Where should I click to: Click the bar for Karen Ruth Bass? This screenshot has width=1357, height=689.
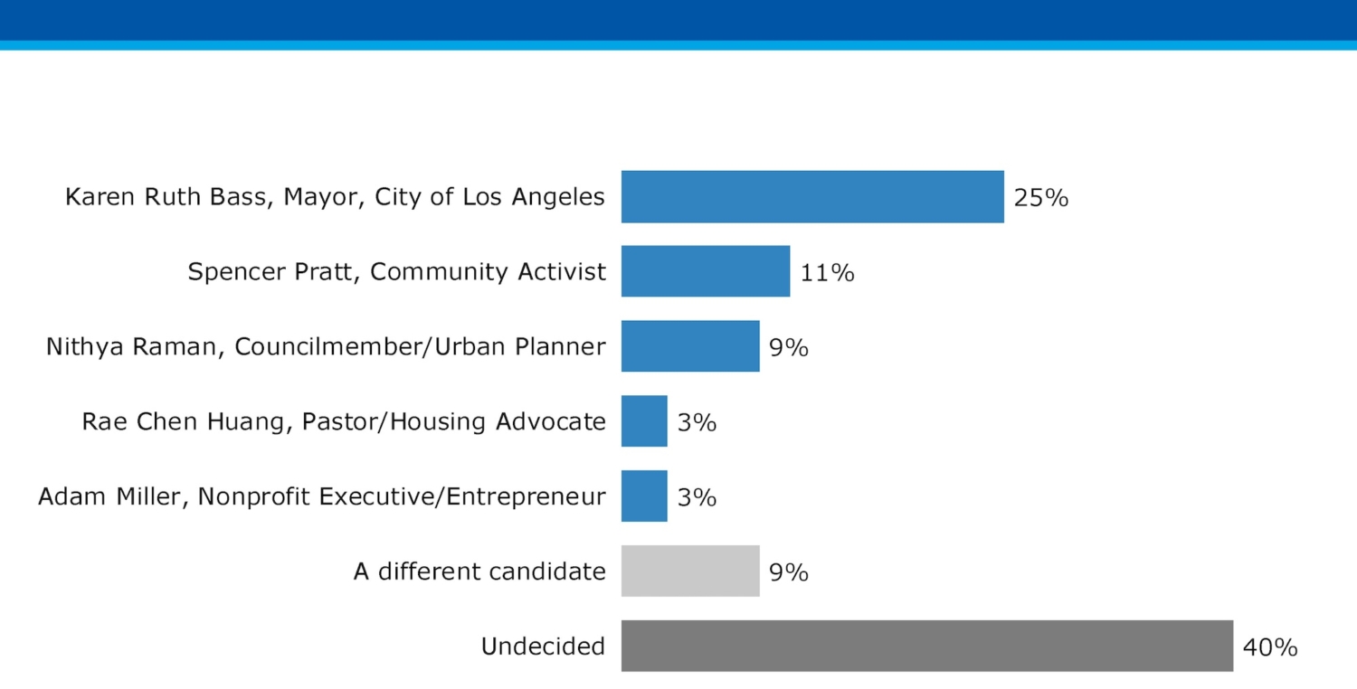tap(811, 196)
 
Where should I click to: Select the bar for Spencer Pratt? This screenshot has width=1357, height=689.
tap(705, 271)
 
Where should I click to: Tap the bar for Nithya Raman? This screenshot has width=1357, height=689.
tap(689, 346)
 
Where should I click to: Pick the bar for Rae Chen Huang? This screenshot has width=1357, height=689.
tap(643, 421)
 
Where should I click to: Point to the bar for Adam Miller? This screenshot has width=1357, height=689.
tap(643, 496)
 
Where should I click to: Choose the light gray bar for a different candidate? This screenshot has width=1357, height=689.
tap(689, 571)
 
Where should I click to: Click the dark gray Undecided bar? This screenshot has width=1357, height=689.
tap(926, 646)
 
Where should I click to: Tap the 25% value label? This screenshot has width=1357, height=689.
tap(1040, 198)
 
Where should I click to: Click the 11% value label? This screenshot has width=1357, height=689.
tap(827, 272)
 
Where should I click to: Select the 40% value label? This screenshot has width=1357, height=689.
tap(1270, 647)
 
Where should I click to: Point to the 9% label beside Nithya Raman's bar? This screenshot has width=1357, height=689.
tap(788, 347)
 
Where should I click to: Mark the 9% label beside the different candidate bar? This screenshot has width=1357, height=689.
tap(788, 572)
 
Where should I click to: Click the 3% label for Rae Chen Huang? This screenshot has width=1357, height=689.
tap(697, 422)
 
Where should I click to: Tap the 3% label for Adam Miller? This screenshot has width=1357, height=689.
tap(697, 497)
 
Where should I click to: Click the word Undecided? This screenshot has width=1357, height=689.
tap(543, 647)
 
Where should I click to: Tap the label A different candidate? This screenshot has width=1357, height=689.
tap(479, 571)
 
